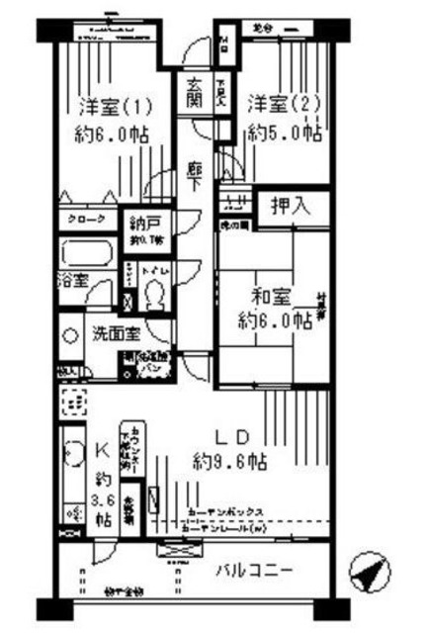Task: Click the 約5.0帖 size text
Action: point(286,131)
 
